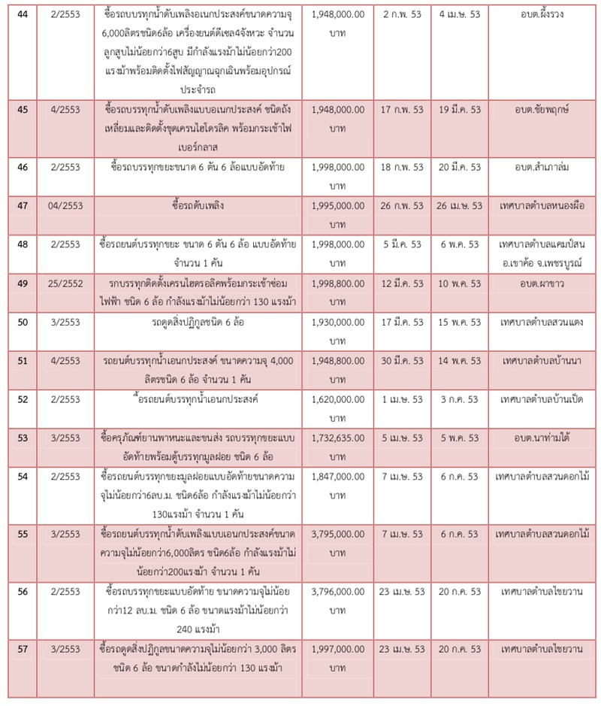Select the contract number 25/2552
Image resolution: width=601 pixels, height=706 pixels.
[65, 281]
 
